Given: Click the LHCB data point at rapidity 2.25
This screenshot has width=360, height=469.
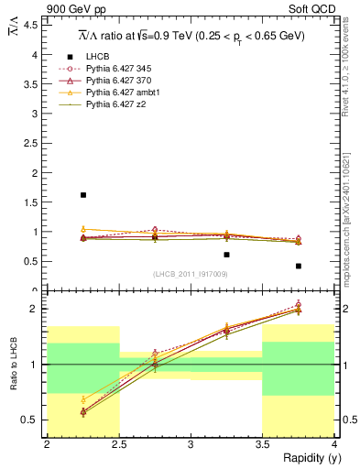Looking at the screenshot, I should pos(83,195).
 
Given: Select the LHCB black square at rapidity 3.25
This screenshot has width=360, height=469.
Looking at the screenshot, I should pos(226,255).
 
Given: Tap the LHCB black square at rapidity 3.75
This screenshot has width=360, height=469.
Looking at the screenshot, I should pos(299,267).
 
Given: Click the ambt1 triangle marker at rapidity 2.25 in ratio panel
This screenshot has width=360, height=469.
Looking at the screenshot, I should pos(83,399).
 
